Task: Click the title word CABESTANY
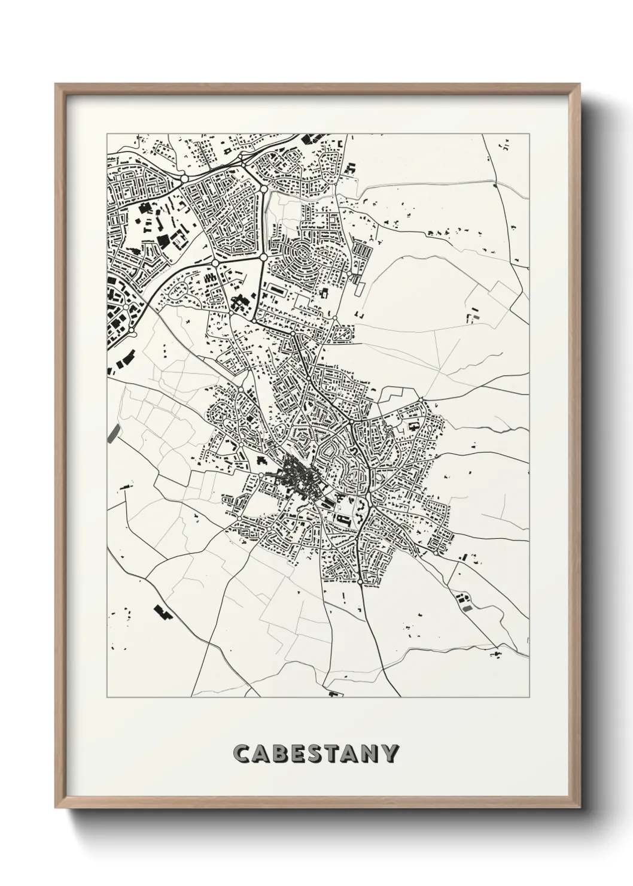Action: point(315,753)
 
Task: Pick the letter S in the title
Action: point(316,753)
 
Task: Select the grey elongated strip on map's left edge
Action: point(112,433)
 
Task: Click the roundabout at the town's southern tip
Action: point(360,581)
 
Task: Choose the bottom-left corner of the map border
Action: point(106,698)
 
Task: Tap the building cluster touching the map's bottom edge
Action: point(334,694)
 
